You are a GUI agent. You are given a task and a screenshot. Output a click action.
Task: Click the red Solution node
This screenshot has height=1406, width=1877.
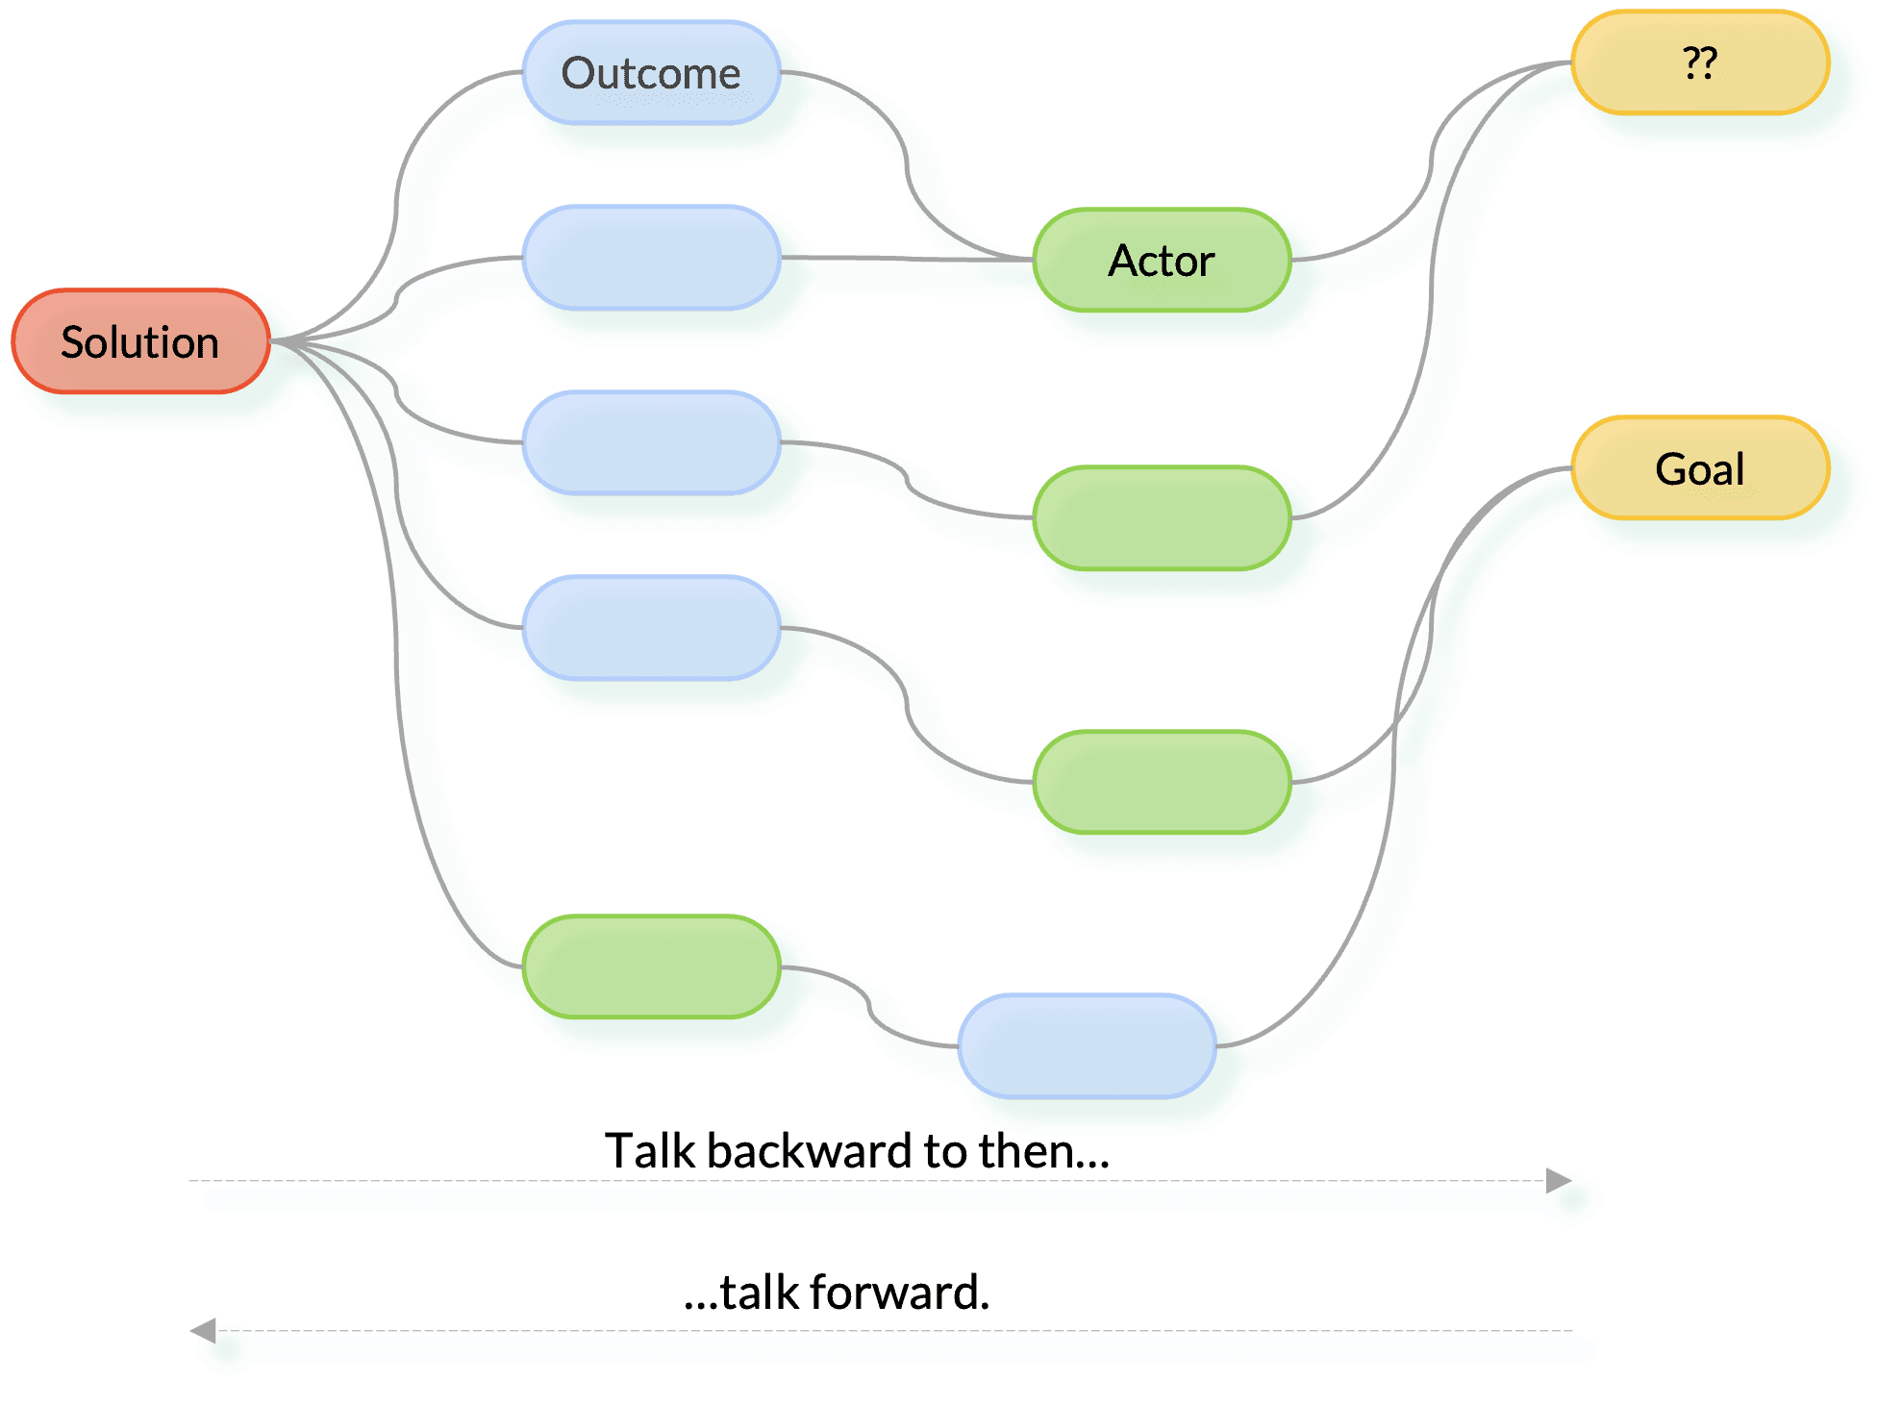[140, 341]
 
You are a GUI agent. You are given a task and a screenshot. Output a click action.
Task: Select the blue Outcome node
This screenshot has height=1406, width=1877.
[651, 73]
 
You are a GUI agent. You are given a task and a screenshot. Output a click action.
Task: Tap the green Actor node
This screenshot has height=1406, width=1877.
[1162, 260]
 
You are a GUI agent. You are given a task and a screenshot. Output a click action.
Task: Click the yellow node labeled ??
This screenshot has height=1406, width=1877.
[1700, 63]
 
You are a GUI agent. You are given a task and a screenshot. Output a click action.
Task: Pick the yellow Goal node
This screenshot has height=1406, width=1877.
[1700, 468]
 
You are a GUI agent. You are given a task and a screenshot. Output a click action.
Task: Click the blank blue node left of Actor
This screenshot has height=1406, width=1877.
[651, 258]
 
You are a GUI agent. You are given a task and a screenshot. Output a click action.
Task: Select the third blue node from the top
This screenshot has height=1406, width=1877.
[651, 442]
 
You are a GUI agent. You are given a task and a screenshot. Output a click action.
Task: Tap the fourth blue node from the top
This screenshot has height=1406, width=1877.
[651, 627]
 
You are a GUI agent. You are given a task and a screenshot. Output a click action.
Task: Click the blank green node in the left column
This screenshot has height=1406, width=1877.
[651, 967]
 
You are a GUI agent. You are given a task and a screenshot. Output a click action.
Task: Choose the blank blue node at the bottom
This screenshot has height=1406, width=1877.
[1087, 1045]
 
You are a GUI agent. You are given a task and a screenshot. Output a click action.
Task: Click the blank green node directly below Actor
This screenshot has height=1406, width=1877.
[1162, 518]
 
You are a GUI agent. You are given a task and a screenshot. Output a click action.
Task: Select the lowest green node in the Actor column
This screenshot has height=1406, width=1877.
[1162, 782]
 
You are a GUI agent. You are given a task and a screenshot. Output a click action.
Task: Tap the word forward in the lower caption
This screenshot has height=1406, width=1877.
[899, 1293]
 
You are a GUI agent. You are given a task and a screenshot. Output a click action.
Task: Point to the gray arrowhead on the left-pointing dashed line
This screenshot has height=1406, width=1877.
[205, 1331]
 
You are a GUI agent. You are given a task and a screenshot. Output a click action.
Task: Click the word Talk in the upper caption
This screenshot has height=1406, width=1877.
[648, 1151]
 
